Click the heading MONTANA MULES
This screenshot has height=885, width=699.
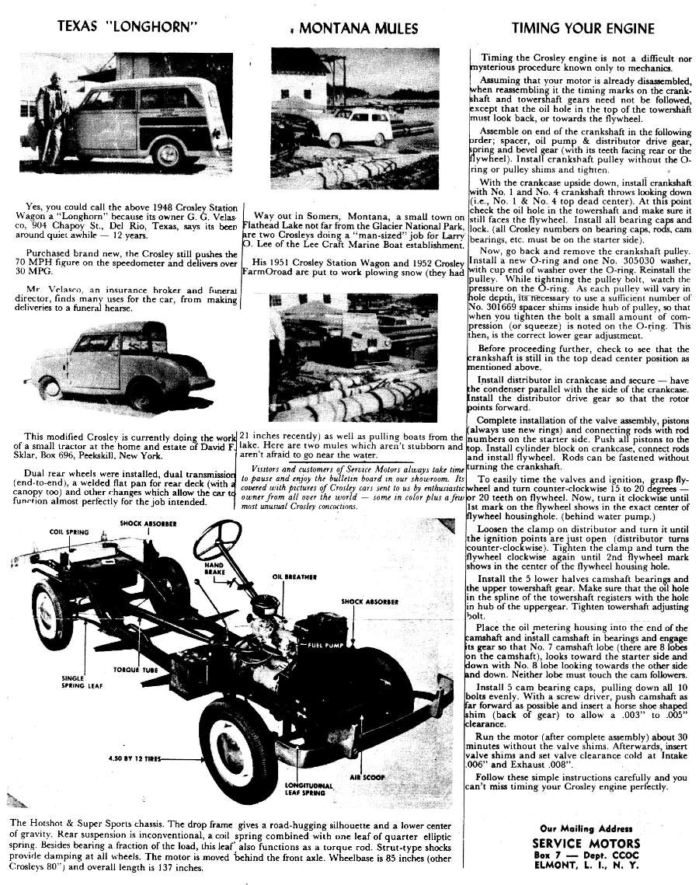[358, 30]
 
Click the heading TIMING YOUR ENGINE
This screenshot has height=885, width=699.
[582, 30]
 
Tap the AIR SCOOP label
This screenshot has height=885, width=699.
[366, 776]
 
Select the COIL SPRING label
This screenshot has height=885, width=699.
[67, 532]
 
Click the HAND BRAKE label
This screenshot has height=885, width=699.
[214, 567]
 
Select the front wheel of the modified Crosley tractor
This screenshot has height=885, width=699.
[50, 387]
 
